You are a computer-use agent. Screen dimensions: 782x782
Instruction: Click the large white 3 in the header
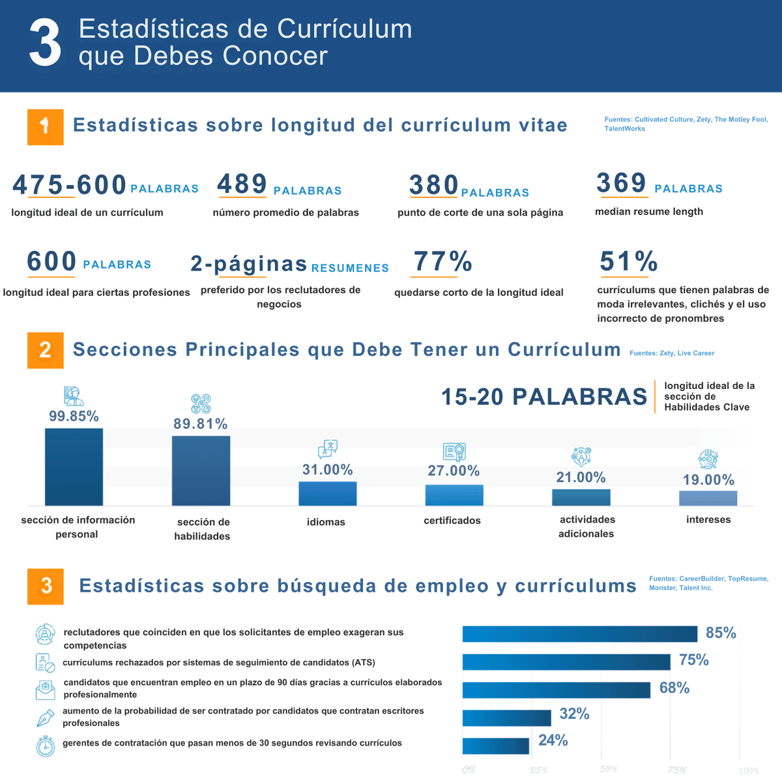point(45,42)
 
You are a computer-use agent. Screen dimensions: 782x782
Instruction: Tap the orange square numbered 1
point(45,126)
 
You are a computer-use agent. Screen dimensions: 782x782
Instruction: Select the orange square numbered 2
point(45,350)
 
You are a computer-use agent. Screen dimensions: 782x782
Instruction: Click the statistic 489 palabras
point(242,184)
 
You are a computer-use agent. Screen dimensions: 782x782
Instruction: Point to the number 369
point(621,183)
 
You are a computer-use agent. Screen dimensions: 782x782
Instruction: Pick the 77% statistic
point(442,262)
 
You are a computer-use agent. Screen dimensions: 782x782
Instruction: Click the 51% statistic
point(628,262)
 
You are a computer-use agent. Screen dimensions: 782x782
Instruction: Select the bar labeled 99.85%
point(74,467)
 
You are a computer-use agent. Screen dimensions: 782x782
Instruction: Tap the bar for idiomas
point(327,493)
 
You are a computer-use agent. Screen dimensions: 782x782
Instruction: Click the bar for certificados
point(454,495)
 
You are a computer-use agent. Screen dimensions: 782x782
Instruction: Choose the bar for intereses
point(708,498)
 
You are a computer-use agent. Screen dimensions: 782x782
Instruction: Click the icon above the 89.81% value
point(201,403)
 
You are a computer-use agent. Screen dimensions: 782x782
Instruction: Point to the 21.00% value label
point(581,477)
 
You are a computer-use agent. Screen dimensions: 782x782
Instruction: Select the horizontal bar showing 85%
point(579,634)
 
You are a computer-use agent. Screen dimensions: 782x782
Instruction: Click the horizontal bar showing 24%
point(495,746)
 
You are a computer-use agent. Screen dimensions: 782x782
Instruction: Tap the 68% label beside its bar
point(674,688)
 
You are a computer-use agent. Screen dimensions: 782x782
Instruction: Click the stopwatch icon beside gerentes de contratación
point(45,746)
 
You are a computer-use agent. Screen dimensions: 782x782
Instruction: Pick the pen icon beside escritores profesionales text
point(44,718)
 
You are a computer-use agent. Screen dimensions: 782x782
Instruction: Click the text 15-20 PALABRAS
point(544,397)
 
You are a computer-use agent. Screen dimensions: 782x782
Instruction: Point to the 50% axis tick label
point(608,770)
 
